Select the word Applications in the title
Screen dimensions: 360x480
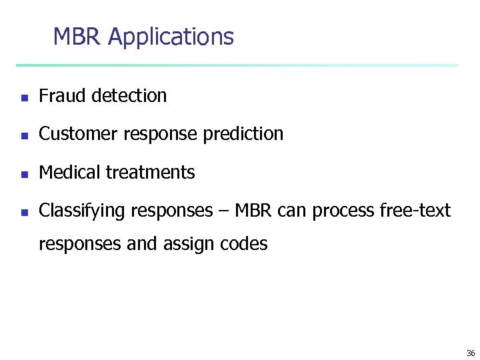(x=171, y=37)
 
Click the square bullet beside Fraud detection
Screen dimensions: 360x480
(x=23, y=97)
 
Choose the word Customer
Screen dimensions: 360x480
(x=73, y=134)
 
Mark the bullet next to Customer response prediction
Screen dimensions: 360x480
(x=23, y=135)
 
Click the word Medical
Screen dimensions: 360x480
(x=68, y=173)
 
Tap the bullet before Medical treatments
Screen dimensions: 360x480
(x=23, y=174)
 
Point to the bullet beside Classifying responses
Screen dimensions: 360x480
(x=23, y=213)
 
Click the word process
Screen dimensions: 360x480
(x=343, y=212)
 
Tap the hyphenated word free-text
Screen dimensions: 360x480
(x=415, y=211)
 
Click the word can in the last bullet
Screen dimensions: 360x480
(x=291, y=212)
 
